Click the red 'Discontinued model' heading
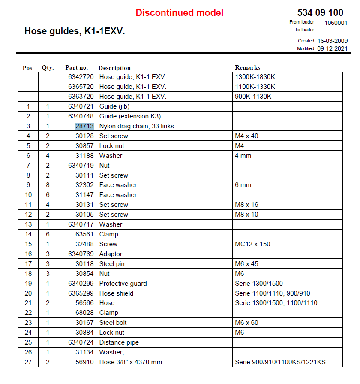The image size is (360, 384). tap(179, 13)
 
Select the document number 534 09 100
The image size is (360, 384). tap(320, 13)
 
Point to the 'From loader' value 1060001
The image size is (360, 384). tap(336, 23)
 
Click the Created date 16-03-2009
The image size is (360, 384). tap(332, 41)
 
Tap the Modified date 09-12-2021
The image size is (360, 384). tap(332, 48)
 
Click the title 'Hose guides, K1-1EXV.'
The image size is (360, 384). tap(75, 31)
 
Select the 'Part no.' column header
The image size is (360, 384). tap(76, 67)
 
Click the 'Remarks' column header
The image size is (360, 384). tap(247, 67)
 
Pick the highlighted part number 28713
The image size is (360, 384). tap(84, 126)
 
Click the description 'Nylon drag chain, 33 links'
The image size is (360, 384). tap(137, 126)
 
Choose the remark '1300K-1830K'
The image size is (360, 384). tap(253, 77)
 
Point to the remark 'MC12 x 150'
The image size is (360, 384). tap(252, 244)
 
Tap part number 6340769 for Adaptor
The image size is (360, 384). tap(81, 254)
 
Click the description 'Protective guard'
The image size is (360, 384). tap(123, 284)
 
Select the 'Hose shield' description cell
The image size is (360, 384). tap(116, 293)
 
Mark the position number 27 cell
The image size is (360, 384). tap(28, 362)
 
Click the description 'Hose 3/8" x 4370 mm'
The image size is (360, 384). tap(131, 362)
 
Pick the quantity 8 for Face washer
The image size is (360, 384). tap(48, 185)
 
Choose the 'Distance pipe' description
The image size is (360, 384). tap(119, 342)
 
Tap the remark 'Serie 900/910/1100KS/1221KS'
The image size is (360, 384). tap(280, 362)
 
